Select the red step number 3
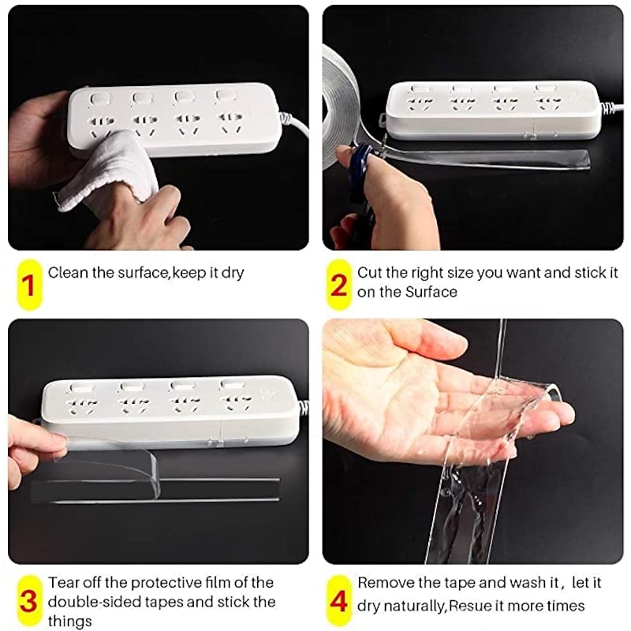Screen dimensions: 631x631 [x=28, y=602]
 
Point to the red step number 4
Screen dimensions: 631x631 [x=338, y=602]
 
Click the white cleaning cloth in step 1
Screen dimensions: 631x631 [x=110, y=170]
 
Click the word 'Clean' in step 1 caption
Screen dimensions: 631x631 [x=66, y=273]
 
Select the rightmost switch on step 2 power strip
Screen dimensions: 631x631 [x=544, y=88]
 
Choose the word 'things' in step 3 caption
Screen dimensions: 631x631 [x=69, y=621]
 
